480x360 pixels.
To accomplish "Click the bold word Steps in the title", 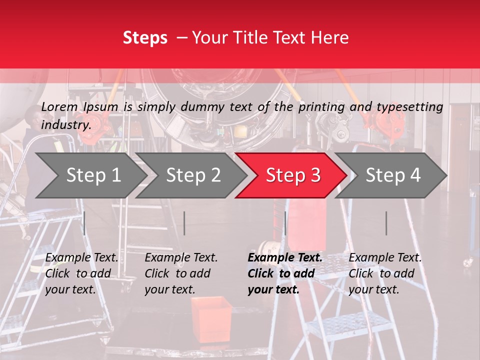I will [145, 38].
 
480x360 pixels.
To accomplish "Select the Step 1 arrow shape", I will [90, 175].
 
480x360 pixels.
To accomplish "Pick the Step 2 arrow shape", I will [192, 175].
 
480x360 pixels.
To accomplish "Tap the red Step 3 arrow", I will [292, 175].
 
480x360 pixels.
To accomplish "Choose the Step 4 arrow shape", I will [392, 175].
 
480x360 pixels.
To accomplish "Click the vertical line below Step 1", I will [84, 223].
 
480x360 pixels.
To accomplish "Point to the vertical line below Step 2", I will [184, 223].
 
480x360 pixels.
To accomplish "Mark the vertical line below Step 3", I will [285, 223].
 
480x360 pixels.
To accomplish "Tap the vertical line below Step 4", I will [386, 223].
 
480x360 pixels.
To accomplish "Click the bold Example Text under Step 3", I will [285, 258].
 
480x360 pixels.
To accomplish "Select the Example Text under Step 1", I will [81, 258].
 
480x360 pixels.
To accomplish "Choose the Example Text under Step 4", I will [385, 258].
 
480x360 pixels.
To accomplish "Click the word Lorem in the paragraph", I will [59, 106].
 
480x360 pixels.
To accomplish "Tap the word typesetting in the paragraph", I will [409, 107].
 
